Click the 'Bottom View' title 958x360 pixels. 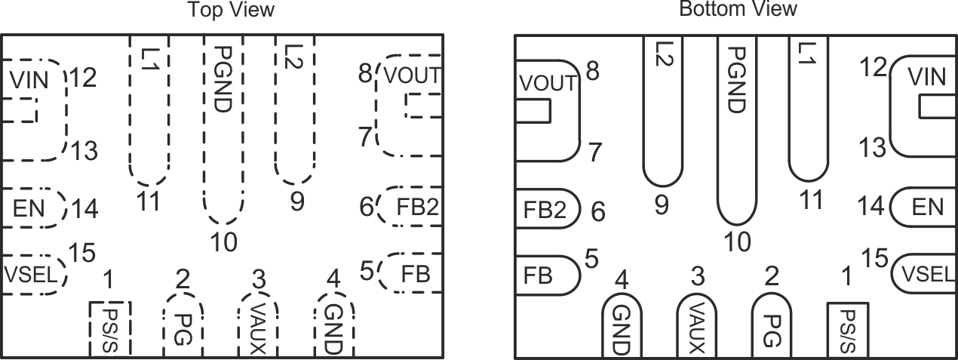(x=738, y=9)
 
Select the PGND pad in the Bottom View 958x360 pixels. (x=736, y=128)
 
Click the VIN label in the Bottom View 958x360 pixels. (x=926, y=76)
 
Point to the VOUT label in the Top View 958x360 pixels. (x=411, y=75)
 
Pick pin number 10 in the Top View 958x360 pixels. (x=224, y=242)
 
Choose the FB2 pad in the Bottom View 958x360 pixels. (x=546, y=211)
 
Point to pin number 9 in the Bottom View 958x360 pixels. (x=662, y=205)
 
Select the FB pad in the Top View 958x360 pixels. (x=411, y=272)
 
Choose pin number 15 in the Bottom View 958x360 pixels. (x=875, y=259)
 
